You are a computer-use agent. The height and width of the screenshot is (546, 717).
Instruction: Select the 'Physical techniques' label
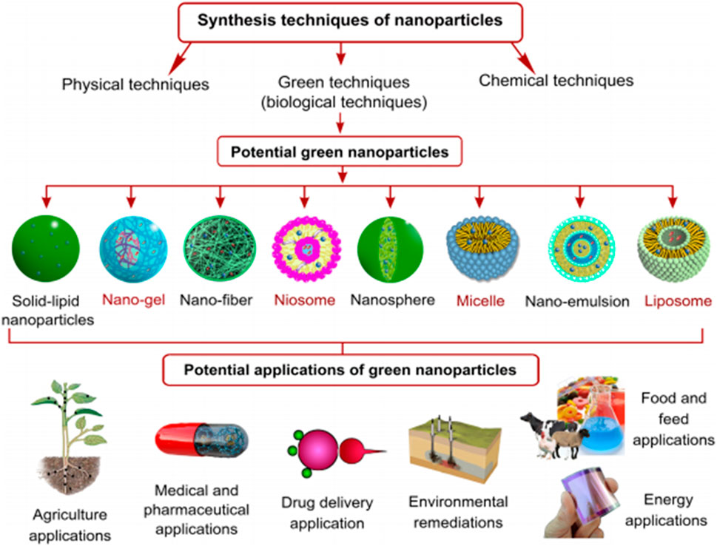click(135, 84)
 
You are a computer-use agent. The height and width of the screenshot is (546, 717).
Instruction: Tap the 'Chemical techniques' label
click(556, 81)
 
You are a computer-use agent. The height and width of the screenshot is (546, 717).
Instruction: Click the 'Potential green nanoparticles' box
click(340, 152)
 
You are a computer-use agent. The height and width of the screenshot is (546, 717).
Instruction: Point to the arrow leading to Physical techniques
click(180, 58)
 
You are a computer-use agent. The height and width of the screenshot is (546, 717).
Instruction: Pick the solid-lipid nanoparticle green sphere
click(46, 249)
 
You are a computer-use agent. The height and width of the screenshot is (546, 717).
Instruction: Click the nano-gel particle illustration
click(133, 249)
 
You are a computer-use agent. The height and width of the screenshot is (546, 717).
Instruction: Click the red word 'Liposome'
click(678, 301)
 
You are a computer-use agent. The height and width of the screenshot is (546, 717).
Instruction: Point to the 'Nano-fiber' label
click(216, 300)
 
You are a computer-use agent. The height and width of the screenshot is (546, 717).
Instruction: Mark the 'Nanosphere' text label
click(392, 300)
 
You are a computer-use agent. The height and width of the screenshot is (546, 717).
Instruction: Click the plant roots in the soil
click(69, 475)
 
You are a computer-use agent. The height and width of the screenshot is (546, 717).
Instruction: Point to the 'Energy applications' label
click(666, 510)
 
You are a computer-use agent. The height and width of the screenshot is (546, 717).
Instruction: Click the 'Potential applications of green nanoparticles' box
click(350, 369)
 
